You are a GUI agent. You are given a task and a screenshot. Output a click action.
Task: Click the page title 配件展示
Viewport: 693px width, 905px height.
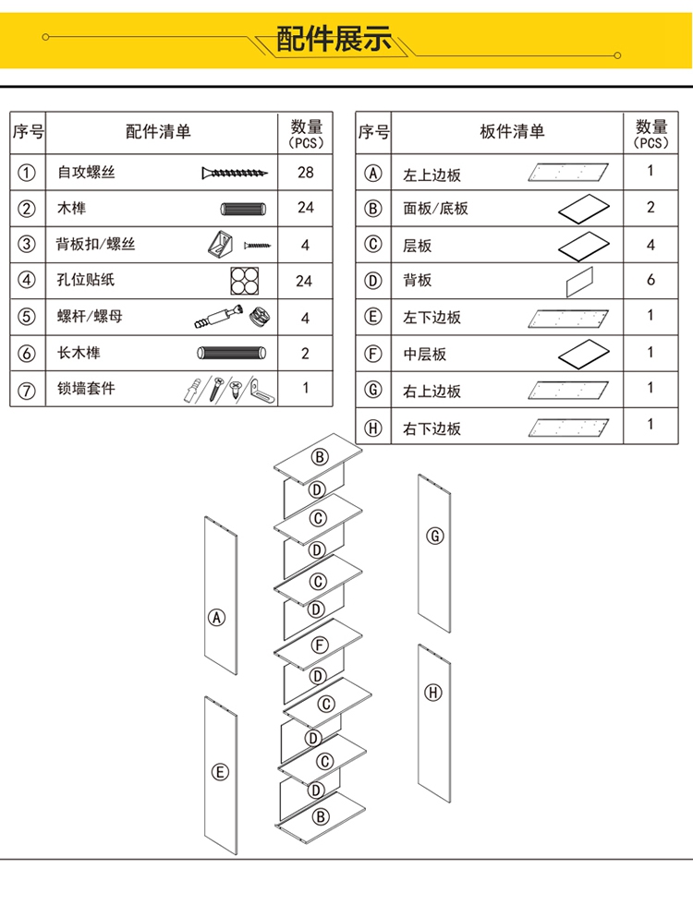tap(334, 39)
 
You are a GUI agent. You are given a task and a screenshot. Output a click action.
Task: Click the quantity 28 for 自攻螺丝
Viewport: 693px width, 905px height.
tap(306, 172)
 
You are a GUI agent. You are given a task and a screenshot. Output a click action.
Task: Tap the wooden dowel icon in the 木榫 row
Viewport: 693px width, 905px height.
tap(243, 209)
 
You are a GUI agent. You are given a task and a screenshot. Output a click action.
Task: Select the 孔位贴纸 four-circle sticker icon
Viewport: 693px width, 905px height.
tap(244, 281)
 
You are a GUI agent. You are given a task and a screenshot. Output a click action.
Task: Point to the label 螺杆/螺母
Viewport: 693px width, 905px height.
tap(90, 316)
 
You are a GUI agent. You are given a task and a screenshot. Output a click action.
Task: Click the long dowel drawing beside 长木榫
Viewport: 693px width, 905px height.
tap(232, 353)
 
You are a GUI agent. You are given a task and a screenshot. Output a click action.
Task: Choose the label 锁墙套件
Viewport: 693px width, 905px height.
tap(86, 389)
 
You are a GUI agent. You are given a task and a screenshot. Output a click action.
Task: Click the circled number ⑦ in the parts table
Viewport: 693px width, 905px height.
tap(27, 390)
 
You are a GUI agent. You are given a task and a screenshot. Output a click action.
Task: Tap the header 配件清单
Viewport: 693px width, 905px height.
tap(158, 131)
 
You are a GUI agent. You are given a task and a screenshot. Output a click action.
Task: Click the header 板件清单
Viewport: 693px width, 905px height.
tap(512, 131)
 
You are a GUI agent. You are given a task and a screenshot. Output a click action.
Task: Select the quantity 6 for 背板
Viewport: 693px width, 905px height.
tap(650, 280)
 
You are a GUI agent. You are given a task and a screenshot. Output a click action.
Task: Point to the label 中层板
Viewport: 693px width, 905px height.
tap(425, 354)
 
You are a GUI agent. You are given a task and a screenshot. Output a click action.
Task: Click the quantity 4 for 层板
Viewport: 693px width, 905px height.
tap(650, 245)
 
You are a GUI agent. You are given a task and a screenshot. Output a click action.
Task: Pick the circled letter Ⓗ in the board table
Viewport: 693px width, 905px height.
tap(373, 428)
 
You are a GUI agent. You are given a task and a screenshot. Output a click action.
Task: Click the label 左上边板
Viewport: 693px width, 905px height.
tap(432, 175)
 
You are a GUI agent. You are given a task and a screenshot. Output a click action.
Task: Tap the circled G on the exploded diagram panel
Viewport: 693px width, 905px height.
tap(435, 536)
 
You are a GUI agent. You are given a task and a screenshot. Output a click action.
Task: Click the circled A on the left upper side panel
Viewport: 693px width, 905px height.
tap(216, 618)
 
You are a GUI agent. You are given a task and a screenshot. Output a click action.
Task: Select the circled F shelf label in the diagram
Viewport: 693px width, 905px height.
tap(320, 645)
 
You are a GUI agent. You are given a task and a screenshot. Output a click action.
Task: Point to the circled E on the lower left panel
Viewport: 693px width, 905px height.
tap(220, 772)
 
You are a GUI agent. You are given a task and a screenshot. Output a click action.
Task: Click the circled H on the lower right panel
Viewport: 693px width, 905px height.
tap(433, 692)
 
